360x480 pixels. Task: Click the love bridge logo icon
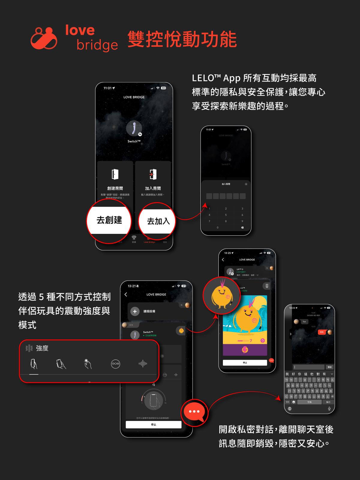[44, 38]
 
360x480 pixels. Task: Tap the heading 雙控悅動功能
[182, 39]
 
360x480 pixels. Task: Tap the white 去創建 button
[109, 220]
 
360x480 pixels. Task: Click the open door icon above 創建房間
[115, 174]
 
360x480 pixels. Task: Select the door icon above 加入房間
[153, 174]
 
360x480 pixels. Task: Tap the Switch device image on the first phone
[134, 128]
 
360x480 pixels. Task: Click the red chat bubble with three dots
[194, 412]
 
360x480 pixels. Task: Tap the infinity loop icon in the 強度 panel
[115, 364]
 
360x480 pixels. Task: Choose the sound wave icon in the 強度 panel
[143, 364]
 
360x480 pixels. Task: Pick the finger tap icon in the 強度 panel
[88, 364]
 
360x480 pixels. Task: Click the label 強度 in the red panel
[42, 348]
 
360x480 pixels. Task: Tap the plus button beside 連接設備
[135, 312]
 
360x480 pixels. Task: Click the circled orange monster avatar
[222, 296]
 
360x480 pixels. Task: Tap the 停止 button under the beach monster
[245, 363]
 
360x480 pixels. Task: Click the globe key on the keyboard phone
[289, 409]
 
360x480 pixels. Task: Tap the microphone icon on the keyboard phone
[329, 409]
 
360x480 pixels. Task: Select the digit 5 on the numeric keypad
[226, 215]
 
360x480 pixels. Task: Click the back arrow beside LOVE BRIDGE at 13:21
[126, 294]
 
